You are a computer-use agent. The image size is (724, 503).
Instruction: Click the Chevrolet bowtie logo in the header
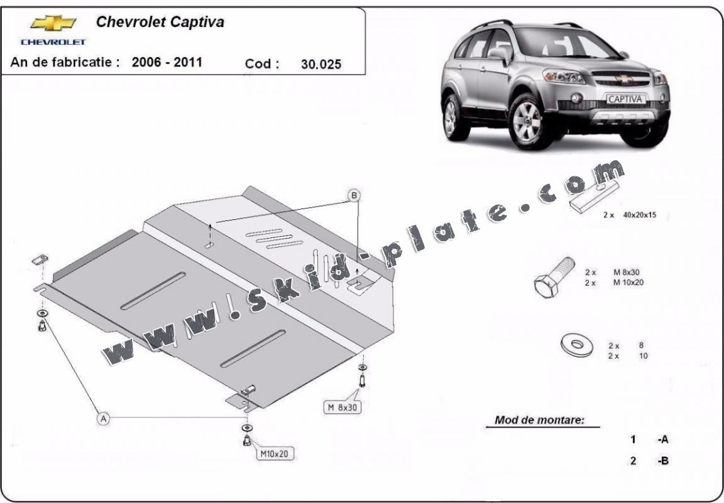pyautogui.click(x=53, y=23)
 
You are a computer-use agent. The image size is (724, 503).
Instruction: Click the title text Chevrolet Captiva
pyautogui.click(x=160, y=22)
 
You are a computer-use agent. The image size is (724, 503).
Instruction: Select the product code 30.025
pyautogui.click(x=321, y=64)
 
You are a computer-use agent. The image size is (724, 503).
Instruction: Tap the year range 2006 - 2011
pyautogui.click(x=167, y=62)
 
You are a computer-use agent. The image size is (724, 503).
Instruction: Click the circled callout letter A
pyautogui.click(x=104, y=419)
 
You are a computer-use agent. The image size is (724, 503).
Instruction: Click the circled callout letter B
pyautogui.click(x=354, y=196)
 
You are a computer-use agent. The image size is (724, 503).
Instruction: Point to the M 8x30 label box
pyautogui.click(x=342, y=407)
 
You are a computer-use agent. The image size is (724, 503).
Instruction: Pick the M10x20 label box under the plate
pyautogui.click(x=274, y=453)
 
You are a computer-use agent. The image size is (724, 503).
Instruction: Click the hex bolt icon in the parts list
pyautogui.click(x=554, y=278)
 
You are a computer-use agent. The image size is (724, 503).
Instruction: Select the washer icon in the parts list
pyautogui.click(x=577, y=345)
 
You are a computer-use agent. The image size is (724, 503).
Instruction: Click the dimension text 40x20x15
pyautogui.click(x=639, y=215)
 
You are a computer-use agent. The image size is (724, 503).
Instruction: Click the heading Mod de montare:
pyautogui.click(x=539, y=420)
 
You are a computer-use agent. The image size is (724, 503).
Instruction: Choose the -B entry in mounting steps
pyautogui.click(x=663, y=460)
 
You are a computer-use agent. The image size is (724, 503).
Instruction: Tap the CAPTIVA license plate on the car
pyautogui.click(x=624, y=99)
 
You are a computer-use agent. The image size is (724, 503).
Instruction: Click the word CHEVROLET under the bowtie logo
pyautogui.click(x=53, y=42)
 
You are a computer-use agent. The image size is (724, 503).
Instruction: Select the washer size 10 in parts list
pyautogui.click(x=643, y=356)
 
